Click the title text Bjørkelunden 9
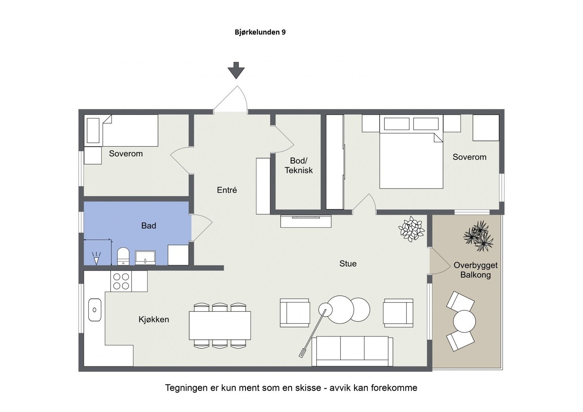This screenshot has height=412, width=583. (x=260, y=32)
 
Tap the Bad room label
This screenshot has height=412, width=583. (x=149, y=226)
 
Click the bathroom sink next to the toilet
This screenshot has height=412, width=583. (x=145, y=258)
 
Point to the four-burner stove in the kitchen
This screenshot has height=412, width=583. (x=121, y=281)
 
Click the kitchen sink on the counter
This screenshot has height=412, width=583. (x=95, y=310)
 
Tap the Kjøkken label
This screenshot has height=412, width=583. (x=154, y=319)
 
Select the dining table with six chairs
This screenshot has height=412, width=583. (x=220, y=325)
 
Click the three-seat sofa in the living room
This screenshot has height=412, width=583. (x=352, y=350)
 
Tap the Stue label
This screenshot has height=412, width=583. (x=348, y=264)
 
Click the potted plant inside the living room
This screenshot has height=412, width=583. (x=411, y=229)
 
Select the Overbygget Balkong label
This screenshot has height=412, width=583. (x=476, y=270)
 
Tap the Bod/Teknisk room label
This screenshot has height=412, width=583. (x=298, y=165)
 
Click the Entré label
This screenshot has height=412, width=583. (x=227, y=190)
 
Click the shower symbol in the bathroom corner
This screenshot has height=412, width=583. (x=96, y=258)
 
